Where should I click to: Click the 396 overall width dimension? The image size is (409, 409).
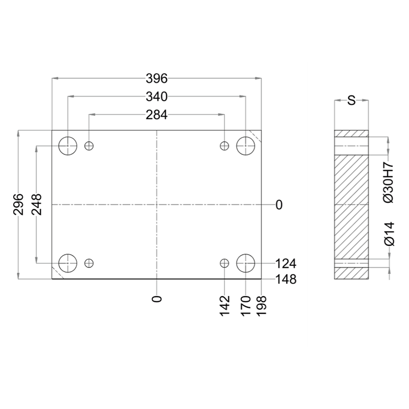tap(156, 79)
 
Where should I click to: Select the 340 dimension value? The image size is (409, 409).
tap(156, 97)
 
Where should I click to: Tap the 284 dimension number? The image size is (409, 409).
tap(156, 115)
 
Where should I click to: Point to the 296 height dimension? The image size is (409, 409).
tap(18, 204)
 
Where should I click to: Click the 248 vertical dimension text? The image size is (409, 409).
tap(36, 204)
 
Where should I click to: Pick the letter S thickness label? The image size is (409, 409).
tap(351, 100)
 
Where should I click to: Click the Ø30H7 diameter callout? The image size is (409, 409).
tap(389, 182)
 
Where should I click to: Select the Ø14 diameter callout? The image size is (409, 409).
tap(389, 234)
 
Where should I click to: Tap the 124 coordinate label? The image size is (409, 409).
tap(286, 264)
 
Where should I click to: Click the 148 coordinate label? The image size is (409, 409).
tap(286, 279)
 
